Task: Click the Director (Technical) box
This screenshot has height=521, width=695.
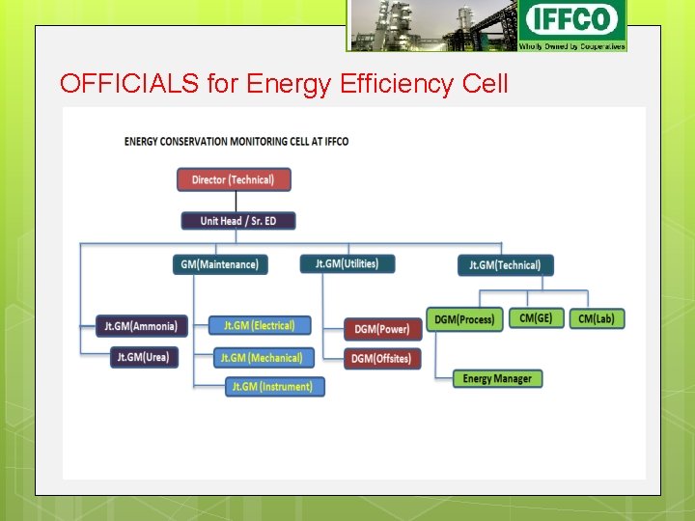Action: pos(234,179)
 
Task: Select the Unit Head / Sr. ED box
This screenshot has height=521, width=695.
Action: pos(238,221)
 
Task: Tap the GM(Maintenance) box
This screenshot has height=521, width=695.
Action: pos(220,263)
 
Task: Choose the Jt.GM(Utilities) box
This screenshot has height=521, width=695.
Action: pos(347,263)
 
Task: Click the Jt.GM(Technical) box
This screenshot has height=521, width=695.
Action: pos(506,264)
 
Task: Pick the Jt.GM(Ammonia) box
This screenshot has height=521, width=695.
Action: pos(141,326)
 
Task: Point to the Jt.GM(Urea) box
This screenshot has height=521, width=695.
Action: pos(143,357)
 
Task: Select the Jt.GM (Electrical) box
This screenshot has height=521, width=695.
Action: pos(260,326)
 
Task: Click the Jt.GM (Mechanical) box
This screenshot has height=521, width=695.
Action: pos(262,358)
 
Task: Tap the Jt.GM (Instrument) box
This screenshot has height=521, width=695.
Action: pos(275,387)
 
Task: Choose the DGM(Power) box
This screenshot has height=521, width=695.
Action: pos(382,329)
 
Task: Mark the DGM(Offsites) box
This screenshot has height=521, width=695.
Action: pos(382,358)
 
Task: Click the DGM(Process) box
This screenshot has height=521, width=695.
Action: pos(464,319)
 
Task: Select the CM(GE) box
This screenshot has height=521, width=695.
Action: pos(536,317)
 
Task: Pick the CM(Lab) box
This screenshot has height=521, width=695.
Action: pos(597,318)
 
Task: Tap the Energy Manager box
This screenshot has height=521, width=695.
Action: pos(497,379)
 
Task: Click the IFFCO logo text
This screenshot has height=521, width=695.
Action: pos(572,19)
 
